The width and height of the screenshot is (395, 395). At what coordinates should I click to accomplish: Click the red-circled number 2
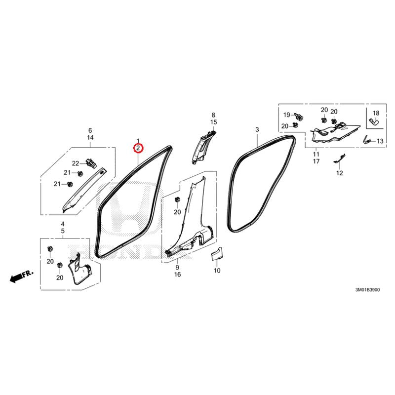138,149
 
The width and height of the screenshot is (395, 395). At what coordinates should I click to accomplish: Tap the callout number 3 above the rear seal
257,130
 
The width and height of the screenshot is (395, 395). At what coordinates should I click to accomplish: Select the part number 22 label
76,163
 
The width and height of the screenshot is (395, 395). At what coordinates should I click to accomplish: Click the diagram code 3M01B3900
367,290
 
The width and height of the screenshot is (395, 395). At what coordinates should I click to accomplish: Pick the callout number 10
217,271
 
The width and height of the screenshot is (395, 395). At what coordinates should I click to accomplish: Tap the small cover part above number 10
217,253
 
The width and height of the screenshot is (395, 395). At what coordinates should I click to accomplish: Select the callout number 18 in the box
376,113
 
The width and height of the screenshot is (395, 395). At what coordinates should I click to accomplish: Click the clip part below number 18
375,121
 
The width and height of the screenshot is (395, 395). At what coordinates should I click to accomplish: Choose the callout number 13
380,141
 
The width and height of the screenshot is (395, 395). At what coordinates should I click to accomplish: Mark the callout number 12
340,173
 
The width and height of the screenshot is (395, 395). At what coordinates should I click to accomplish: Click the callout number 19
287,115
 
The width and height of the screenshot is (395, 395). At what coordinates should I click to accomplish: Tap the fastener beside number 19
299,117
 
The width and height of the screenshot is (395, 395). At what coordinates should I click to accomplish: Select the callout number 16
177,275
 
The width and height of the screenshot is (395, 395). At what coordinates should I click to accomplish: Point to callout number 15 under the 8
213,122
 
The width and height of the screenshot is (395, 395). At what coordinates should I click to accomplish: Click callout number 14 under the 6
90,138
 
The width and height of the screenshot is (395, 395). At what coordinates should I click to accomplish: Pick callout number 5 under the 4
63,231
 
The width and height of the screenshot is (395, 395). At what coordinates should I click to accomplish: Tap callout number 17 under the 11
316,161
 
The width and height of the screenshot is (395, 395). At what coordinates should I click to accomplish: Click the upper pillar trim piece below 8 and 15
203,147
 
